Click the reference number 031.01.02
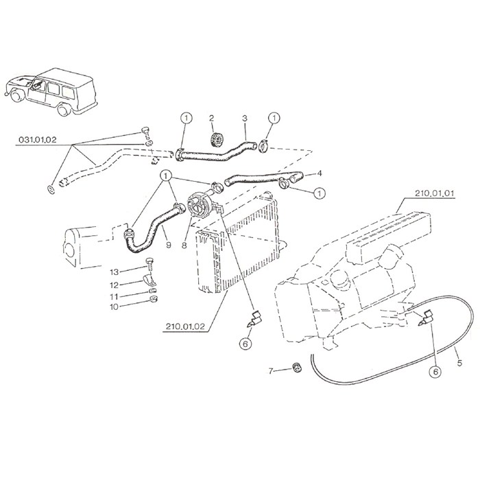pyautogui.click(x=38, y=140)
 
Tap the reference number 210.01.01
pyautogui.click(x=435, y=193)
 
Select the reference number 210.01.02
pyautogui.click(x=185, y=326)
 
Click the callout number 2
pyautogui.click(x=211, y=118)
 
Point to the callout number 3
pyautogui.click(x=245, y=118)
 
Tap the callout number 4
pyautogui.click(x=320, y=173)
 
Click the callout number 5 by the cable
pyautogui.click(x=459, y=363)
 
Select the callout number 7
pyautogui.click(x=271, y=372)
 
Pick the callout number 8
pyautogui.click(x=184, y=245)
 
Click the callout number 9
pyautogui.click(x=169, y=245)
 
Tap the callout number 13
pyautogui.click(x=115, y=272)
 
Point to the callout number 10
pyautogui.click(x=115, y=307)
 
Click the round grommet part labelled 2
pyautogui.click(x=217, y=140)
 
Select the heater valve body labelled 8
pyautogui.click(x=199, y=204)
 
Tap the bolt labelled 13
pyautogui.click(x=149, y=264)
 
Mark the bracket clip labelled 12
pyautogui.click(x=149, y=280)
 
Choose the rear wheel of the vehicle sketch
pyautogui.click(x=64, y=110)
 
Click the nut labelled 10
pyautogui.click(x=153, y=299)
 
